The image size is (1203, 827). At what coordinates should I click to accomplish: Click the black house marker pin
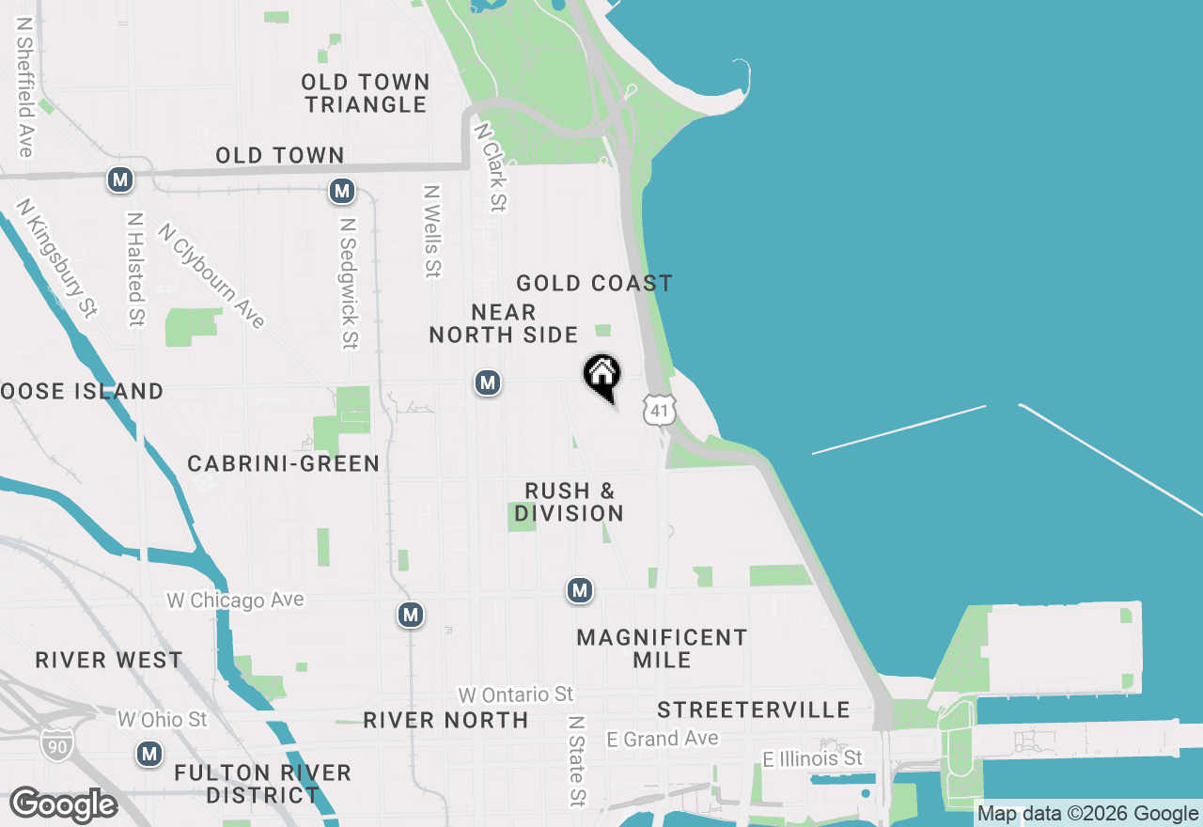(x=602, y=376)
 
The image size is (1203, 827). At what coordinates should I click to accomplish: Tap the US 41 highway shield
(x=659, y=409)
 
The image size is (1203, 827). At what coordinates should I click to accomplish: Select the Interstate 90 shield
(x=55, y=743)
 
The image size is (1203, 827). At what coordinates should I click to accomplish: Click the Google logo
(x=63, y=804)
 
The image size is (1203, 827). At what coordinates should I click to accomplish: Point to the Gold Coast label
(x=594, y=283)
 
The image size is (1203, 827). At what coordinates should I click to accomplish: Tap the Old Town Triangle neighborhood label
(x=367, y=93)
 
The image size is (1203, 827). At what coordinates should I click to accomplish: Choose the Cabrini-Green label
(x=283, y=463)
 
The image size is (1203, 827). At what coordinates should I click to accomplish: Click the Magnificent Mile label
(x=662, y=648)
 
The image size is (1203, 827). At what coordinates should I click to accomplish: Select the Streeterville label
(x=754, y=710)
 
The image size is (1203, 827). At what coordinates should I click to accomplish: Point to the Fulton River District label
(x=262, y=784)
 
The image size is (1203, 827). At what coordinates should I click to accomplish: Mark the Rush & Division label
(x=570, y=502)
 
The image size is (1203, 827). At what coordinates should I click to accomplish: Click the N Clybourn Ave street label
(x=211, y=275)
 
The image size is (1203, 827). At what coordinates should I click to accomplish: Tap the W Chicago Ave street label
(x=235, y=600)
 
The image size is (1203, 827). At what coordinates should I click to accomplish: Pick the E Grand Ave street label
(x=663, y=739)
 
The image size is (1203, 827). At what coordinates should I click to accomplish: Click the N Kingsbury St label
(x=57, y=257)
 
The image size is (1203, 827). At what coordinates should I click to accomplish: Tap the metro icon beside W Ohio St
(x=148, y=754)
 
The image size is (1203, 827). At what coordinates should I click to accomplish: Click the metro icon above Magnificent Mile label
(x=579, y=590)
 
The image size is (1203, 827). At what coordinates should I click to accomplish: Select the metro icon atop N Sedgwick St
(x=341, y=192)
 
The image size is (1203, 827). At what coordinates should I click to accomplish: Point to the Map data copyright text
(x=1087, y=814)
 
